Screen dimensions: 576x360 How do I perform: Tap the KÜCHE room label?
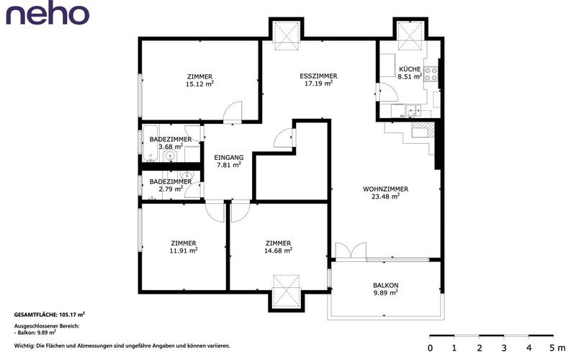[410, 69]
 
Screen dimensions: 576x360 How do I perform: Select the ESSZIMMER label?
[318, 76]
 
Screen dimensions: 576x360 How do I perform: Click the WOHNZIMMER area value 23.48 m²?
[385, 196]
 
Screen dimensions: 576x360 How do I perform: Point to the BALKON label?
[385, 285]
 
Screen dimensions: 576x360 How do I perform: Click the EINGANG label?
[228, 157]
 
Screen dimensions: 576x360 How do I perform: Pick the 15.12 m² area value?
[199, 84]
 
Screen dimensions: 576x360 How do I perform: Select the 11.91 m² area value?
[184, 251]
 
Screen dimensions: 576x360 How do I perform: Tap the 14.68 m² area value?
[278, 251]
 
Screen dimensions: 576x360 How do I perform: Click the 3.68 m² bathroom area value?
[171, 147]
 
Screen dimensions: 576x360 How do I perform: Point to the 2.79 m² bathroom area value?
[171, 189]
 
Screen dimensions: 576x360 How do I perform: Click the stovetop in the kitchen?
[431, 74]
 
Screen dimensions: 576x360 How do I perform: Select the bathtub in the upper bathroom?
[150, 143]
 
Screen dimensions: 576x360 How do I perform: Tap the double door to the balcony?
[351, 251]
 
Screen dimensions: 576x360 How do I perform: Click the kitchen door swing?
[387, 92]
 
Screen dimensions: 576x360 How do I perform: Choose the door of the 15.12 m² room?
[233, 112]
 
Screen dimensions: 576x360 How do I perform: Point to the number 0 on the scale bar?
[430, 348]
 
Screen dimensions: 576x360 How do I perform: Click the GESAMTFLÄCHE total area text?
[50, 315]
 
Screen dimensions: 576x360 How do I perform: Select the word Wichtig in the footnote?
[22, 346]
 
